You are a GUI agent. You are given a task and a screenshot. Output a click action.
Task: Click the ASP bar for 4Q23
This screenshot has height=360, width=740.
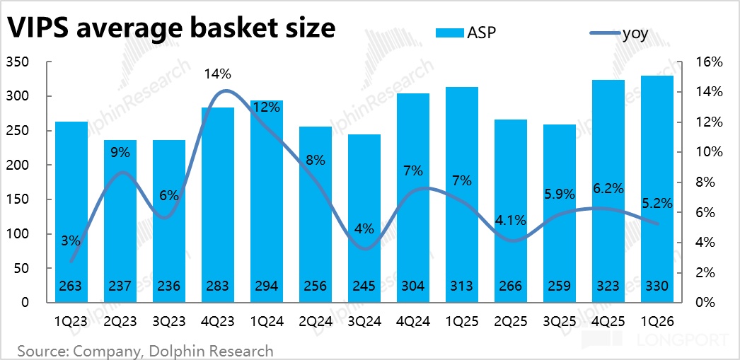click(x=218, y=205)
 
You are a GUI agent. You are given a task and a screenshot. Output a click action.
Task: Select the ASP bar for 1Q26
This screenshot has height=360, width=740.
click(x=657, y=189)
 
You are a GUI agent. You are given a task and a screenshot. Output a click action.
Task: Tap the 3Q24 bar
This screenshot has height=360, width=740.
click(x=364, y=218)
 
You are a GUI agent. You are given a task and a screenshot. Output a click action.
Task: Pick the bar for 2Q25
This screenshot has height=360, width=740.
click(x=511, y=211)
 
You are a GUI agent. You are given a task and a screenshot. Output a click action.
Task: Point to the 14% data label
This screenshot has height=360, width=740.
click(x=218, y=74)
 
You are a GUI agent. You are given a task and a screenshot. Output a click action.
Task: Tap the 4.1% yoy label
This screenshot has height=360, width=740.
click(x=511, y=221)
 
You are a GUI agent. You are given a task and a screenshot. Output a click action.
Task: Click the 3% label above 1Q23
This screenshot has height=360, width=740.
click(x=71, y=242)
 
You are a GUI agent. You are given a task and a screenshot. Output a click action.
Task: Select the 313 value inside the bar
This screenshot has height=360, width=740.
click(x=462, y=286)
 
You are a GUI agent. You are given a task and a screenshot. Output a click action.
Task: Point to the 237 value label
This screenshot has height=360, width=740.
click(x=120, y=286)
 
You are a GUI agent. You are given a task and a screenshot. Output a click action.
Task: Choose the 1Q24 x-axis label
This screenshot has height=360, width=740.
click(x=266, y=323)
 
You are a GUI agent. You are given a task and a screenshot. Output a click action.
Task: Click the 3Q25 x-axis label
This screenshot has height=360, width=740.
click(x=560, y=323)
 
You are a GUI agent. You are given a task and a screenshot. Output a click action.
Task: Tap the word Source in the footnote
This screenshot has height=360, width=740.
click(x=37, y=351)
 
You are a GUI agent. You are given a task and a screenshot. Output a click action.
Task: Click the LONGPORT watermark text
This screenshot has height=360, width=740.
click(x=683, y=339)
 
